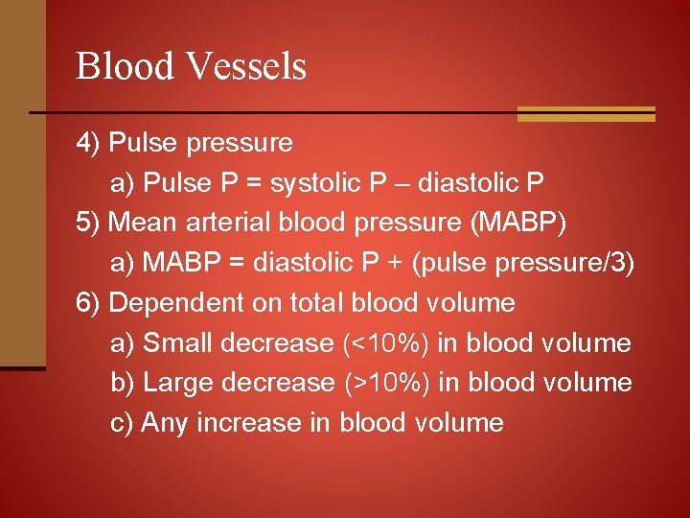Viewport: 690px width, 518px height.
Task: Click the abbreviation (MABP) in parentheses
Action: coord(517,224)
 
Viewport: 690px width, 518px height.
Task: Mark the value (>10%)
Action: coord(385,384)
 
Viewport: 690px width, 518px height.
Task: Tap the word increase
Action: coord(249,423)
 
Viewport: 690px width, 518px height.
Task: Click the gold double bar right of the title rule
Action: coord(586,114)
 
